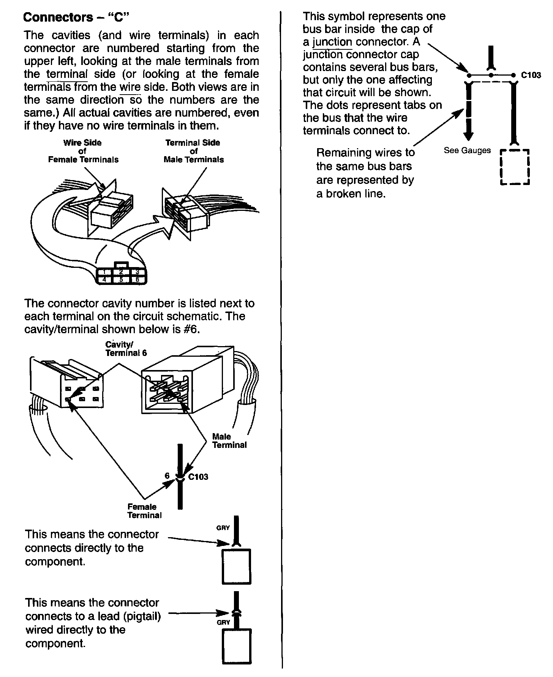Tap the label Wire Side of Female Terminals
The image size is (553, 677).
pyautogui.click(x=83, y=151)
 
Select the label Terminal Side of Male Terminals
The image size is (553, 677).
pyautogui.click(x=193, y=151)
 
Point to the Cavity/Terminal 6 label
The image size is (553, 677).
pyautogui.click(x=126, y=349)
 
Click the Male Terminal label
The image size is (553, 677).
pyautogui.click(x=229, y=441)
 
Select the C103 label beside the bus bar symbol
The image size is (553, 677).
pyautogui.click(x=531, y=75)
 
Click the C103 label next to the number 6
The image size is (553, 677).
pyautogui.click(x=198, y=477)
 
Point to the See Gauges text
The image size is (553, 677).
pyautogui.click(x=467, y=150)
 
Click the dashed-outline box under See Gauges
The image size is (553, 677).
pyautogui.click(x=515, y=167)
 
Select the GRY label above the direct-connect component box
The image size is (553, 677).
pyautogui.click(x=223, y=528)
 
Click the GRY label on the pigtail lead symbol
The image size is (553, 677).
pyautogui.click(x=223, y=622)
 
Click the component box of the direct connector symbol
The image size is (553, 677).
pyautogui.click(x=236, y=566)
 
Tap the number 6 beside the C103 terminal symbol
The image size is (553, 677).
pyautogui.click(x=167, y=476)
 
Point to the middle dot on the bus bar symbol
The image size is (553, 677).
pyautogui.click(x=491, y=75)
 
